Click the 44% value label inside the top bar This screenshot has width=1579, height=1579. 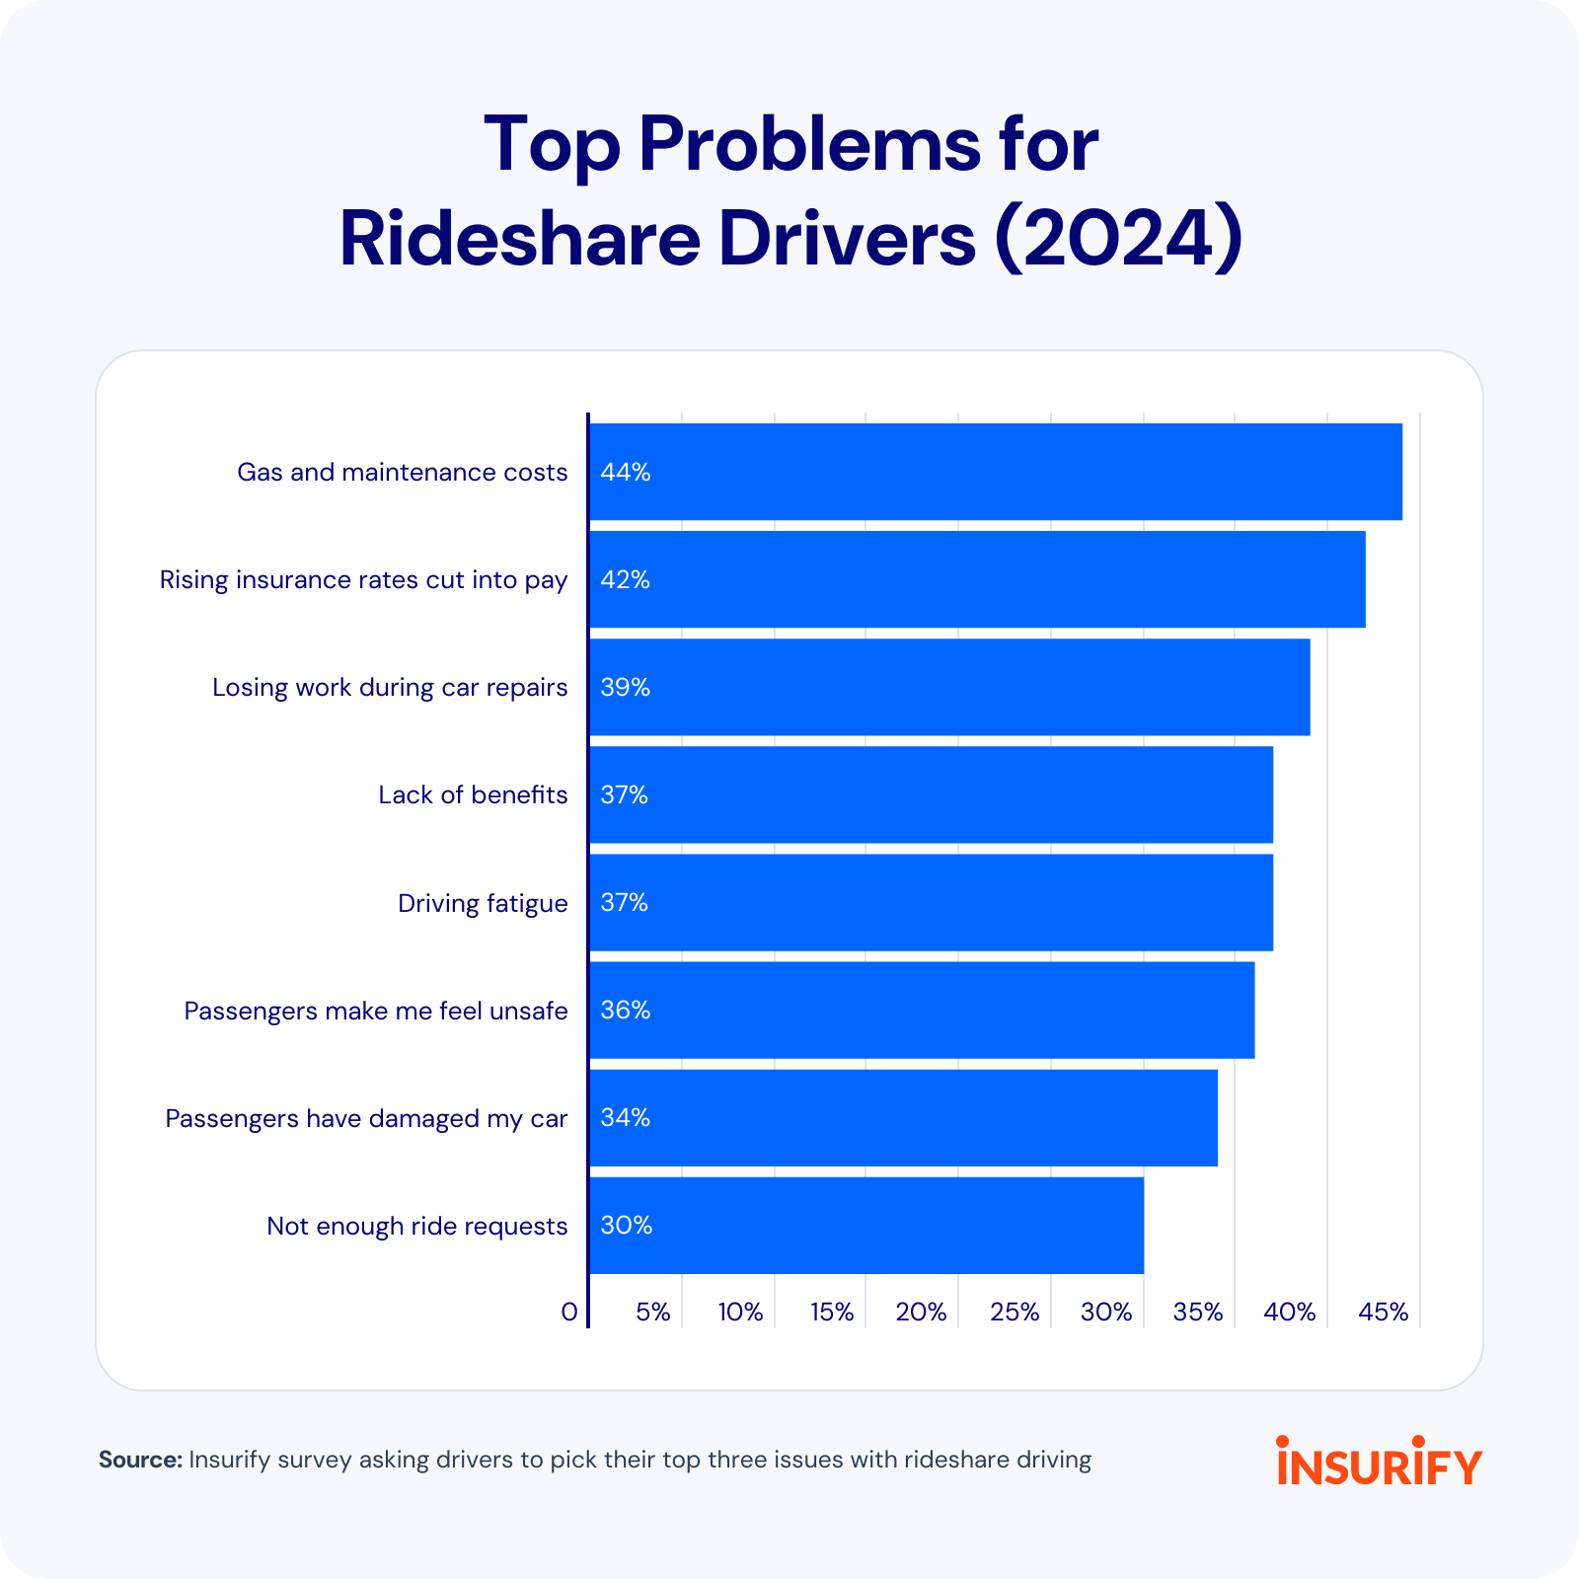coord(625,472)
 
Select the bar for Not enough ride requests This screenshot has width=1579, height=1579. coord(866,1225)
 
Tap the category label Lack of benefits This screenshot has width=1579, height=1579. coord(473,794)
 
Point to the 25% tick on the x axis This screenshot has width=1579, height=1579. coord(1015,1312)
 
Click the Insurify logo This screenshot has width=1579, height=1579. coord(1379,1461)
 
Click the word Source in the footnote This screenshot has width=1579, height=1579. coord(139,1460)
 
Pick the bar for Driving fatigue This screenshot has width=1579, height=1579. coord(931,902)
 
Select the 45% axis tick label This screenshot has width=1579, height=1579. coord(1383,1312)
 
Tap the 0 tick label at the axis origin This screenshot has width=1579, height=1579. coord(568,1312)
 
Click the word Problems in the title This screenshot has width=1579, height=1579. coord(809,144)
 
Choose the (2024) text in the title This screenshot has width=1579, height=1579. coord(1117,239)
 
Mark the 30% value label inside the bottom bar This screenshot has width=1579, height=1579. coord(626,1225)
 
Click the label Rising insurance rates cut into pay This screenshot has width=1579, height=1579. coord(363,579)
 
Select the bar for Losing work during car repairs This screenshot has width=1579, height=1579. coord(949,687)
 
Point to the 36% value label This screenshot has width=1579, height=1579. coord(625,1010)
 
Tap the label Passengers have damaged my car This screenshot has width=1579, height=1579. coord(366,1118)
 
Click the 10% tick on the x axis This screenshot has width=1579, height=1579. coord(740,1312)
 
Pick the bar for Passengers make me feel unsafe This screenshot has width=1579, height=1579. coord(922,1010)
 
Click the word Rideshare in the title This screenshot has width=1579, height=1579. coord(520,239)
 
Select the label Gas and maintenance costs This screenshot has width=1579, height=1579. coord(402,472)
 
